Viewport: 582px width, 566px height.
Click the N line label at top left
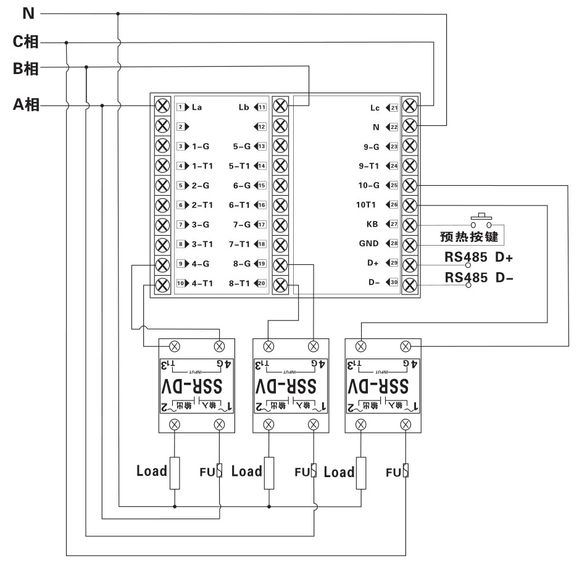point(28,12)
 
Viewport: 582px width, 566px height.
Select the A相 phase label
point(27,105)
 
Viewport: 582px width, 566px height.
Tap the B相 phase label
point(27,68)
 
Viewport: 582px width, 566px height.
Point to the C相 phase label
point(27,43)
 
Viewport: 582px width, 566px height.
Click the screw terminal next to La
point(162,106)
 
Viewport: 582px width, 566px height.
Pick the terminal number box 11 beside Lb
point(262,106)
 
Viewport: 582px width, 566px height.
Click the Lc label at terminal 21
point(375,107)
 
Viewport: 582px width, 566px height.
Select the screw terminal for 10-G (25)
point(409,185)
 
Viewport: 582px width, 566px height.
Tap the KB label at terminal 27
point(372,225)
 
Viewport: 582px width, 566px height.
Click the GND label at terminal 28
point(369,244)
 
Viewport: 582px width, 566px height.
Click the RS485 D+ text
point(479,257)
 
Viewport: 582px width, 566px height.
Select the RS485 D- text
point(479,278)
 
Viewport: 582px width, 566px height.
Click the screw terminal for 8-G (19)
point(280,264)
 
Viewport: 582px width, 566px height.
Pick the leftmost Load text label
point(152,472)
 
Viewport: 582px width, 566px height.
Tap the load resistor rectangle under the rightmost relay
point(361,473)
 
